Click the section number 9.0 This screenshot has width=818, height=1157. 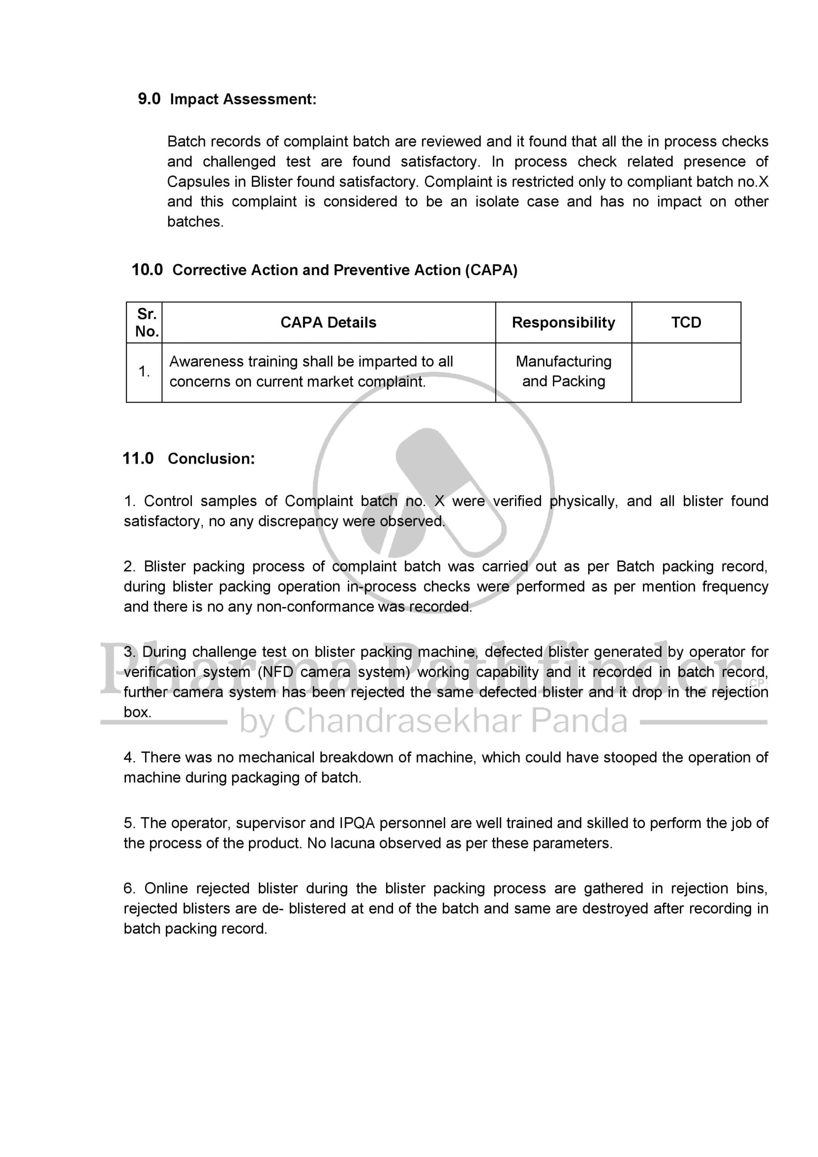149,99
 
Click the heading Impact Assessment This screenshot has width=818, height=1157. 243,99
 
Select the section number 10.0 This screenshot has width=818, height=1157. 147,270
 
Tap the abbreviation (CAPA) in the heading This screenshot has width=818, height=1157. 491,270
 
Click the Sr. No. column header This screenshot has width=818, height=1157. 147,323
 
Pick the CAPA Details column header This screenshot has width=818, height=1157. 328,323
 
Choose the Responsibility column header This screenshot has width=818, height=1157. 563,323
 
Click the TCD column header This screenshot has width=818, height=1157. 686,323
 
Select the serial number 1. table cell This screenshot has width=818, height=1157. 144,372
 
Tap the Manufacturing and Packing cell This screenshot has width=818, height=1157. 563,372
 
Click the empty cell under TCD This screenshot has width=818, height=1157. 686,372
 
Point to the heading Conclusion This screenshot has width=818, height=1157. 211,459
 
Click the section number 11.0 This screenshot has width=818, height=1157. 138,459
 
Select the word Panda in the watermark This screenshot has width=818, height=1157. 579,721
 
